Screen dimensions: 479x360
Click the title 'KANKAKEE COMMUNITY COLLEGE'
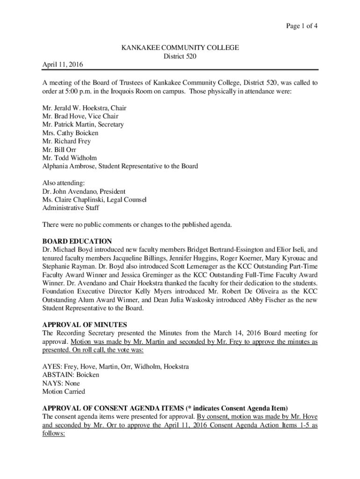tap(180, 48)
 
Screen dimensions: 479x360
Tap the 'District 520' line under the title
tap(180, 56)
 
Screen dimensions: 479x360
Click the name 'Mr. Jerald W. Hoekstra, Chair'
tap(84, 108)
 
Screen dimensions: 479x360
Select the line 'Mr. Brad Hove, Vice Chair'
tap(80, 116)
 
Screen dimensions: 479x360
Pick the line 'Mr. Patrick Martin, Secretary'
tap(83, 124)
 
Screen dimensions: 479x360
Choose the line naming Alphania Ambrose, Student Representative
tap(120, 166)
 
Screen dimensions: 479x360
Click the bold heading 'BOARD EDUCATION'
tap(77, 241)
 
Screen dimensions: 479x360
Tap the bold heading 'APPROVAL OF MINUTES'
tap(85, 325)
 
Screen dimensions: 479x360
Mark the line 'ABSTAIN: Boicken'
tap(71, 375)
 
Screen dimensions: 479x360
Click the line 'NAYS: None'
tap(61, 383)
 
